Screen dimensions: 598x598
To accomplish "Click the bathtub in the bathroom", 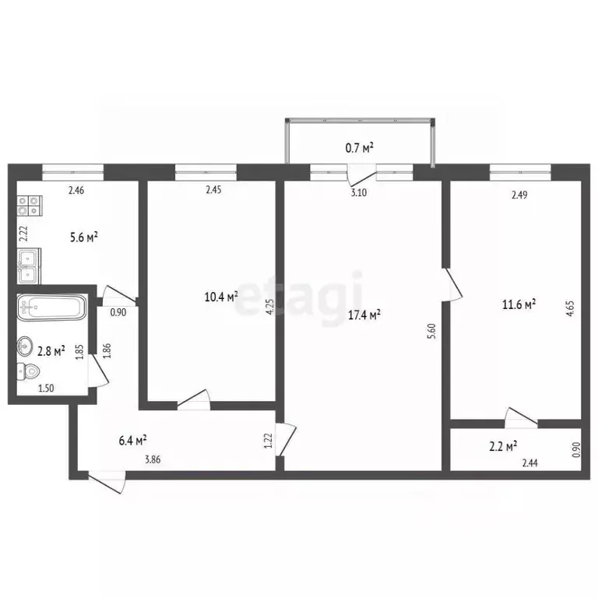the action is coord(52,307).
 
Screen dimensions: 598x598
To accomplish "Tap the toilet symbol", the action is coord(29,371).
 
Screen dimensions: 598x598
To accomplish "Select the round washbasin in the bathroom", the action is coord(25,346).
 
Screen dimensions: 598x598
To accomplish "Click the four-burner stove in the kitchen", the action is coord(30,206).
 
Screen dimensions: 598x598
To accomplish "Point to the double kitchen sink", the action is coord(29,266).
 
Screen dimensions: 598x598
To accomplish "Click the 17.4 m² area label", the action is coord(364,315).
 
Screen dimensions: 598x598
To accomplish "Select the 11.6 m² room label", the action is coord(519,304).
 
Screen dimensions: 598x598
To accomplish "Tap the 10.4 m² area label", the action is coord(221,297).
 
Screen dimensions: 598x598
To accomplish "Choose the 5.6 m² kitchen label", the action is coord(84,237).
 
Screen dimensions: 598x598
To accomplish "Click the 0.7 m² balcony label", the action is coord(359,148).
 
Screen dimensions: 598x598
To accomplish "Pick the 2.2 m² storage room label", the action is coord(503,446).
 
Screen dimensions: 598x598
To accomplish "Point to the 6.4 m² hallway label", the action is coord(133,441).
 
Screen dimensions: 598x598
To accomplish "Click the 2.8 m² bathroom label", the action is coord(51,351).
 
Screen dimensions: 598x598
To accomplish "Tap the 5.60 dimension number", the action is coord(431,332).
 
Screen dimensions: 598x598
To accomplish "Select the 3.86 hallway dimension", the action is coord(153,459).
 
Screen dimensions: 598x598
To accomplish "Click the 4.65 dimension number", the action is coord(571,308).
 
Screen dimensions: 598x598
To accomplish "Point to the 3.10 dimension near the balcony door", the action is coord(358,192).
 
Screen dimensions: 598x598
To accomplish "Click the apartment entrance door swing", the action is coord(107,483).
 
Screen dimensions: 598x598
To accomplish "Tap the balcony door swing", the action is coord(361,176).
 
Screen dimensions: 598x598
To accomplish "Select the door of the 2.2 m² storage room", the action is coord(521,417).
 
